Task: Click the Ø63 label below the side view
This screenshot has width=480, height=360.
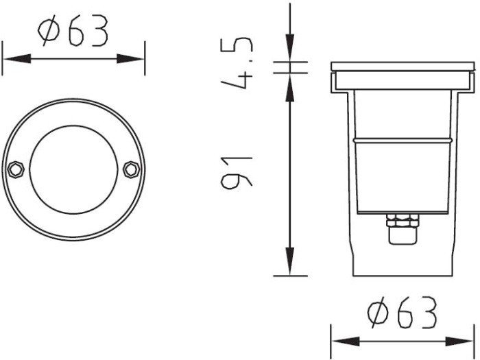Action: (x=403, y=312)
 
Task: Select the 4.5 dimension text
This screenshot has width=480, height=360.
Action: (x=237, y=63)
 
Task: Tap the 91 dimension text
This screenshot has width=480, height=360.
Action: (x=237, y=172)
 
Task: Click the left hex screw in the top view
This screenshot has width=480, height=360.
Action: (x=16, y=169)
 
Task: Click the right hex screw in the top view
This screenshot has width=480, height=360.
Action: (x=132, y=169)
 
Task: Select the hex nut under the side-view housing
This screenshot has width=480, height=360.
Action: (x=403, y=221)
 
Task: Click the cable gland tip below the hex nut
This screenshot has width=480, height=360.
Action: (x=403, y=236)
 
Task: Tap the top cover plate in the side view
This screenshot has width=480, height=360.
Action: (x=403, y=67)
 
